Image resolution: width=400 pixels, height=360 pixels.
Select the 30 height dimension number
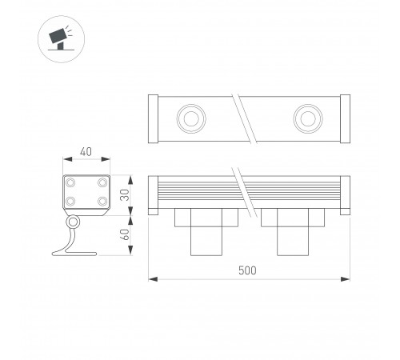(123, 195)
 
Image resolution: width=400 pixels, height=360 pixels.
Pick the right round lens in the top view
(307, 119)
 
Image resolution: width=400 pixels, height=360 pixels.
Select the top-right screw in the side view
(102, 183)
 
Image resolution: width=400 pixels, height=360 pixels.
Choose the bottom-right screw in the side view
(102, 202)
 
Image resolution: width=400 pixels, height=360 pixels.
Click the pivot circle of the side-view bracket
(73, 222)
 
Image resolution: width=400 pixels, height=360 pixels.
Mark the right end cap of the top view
(345, 119)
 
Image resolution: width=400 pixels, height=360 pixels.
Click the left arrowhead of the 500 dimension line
(153, 279)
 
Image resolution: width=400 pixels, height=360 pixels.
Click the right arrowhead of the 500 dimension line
(346, 279)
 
